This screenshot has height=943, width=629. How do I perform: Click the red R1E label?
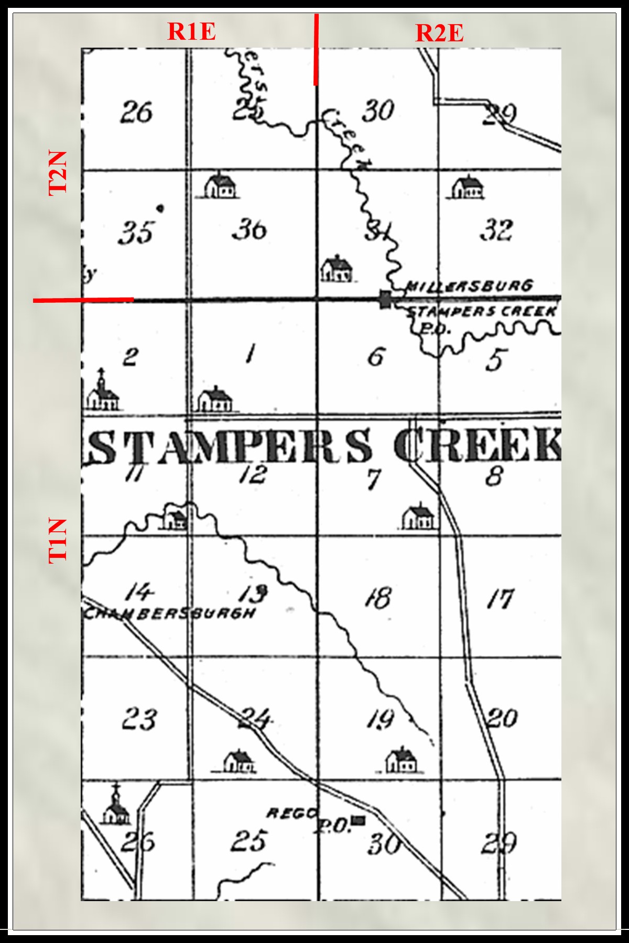191,31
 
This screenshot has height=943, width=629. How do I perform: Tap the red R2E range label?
439,33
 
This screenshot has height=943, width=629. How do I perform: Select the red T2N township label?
58,173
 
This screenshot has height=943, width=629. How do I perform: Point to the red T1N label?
58,541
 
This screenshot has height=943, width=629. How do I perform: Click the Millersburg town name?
470,286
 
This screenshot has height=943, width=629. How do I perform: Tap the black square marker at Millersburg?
386,300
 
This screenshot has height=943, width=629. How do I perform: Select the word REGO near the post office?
292,813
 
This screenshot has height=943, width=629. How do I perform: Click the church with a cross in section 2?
103,391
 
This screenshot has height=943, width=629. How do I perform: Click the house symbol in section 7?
419,516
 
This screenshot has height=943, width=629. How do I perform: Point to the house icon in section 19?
401,760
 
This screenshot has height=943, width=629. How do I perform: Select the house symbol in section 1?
215,400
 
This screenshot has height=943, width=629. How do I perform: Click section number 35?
136,232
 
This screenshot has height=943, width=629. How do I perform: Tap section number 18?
378,597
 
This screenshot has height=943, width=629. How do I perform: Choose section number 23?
139,719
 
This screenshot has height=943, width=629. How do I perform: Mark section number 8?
494,476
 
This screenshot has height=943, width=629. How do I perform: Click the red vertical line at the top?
316,50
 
